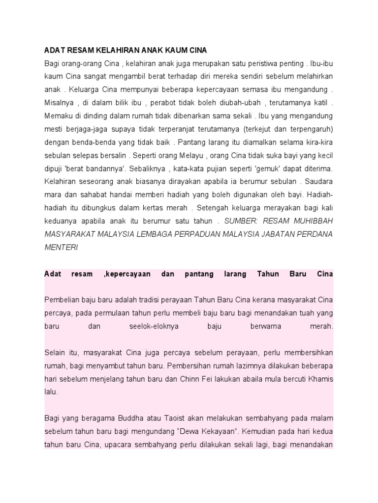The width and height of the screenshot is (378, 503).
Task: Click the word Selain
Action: (x=54, y=353)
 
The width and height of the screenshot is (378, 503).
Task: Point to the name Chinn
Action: (x=204, y=379)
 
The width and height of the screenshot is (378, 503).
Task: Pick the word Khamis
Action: (x=321, y=379)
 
